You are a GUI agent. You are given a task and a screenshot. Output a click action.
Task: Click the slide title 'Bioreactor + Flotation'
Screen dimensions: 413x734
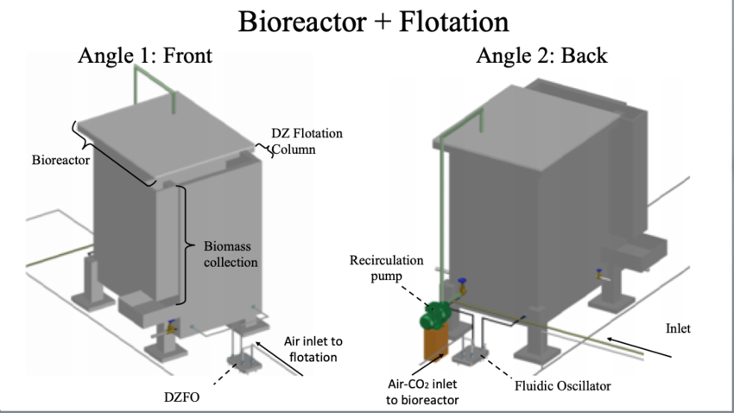pos(367,21)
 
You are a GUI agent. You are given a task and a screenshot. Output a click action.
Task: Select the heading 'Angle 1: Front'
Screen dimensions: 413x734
pos(145,56)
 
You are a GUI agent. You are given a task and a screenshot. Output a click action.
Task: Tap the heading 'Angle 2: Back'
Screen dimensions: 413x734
pos(541,56)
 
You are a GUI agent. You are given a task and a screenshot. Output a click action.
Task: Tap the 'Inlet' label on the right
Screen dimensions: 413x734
pos(678,328)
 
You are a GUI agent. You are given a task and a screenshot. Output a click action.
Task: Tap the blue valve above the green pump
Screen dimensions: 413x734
pos(463,283)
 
